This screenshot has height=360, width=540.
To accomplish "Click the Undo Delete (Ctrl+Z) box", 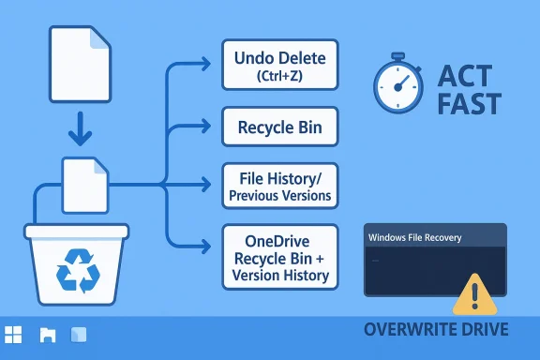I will (x=278, y=66).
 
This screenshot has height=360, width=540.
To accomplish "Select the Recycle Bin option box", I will (x=278, y=126).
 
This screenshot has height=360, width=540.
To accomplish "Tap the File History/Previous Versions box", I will (x=278, y=186).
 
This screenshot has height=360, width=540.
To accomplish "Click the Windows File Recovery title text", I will (x=416, y=239).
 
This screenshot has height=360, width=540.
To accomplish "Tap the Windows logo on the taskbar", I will (x=14, y=335).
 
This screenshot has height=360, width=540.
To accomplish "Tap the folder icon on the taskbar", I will (x=48, y=335).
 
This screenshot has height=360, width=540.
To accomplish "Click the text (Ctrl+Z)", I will (x=278, y=77).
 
